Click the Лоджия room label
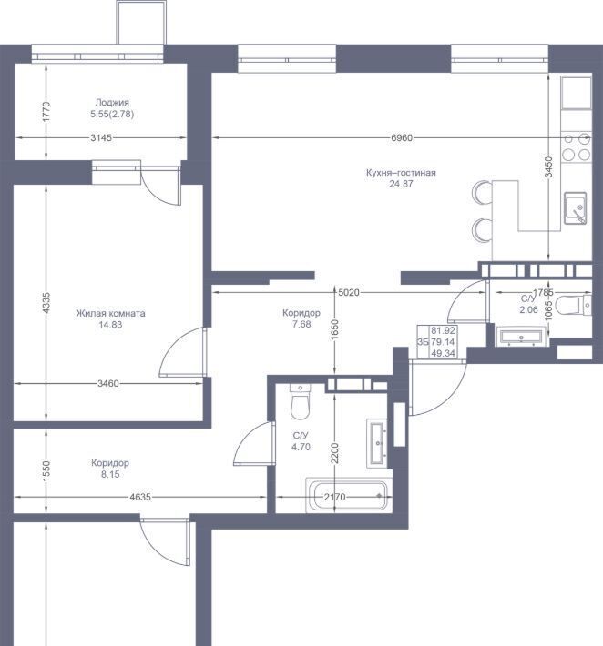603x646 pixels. click(x=112, y=103)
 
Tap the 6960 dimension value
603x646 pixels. click(x=402, y=138)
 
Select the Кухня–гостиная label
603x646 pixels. click(x=401, y=173)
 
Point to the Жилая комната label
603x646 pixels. click(x=110, y=313)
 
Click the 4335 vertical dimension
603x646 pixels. click(x=46, y=303)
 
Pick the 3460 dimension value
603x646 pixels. click(x=108, y=384)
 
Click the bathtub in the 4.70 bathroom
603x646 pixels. click(x=347, y=495)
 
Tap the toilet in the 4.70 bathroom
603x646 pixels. click(x=300, y=401)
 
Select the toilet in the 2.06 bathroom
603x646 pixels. click(x=573, y=306)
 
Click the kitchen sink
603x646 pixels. click(x=576, y=208)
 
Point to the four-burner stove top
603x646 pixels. click(x=577, y=146)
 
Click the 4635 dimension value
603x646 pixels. click(x=140, y=498)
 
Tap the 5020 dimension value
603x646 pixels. click(x=349, y=292)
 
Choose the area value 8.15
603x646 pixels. click(x=110, y=474)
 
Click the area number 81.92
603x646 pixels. click(x=443, y=330)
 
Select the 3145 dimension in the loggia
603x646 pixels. click(x=101, y=138)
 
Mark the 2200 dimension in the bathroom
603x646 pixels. click(x=335, y=453)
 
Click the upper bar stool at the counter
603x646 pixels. click(x=482, y=192)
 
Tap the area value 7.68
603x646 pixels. click(x=301, y=324)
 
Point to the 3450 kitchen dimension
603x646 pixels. click(x=548, y=167)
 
